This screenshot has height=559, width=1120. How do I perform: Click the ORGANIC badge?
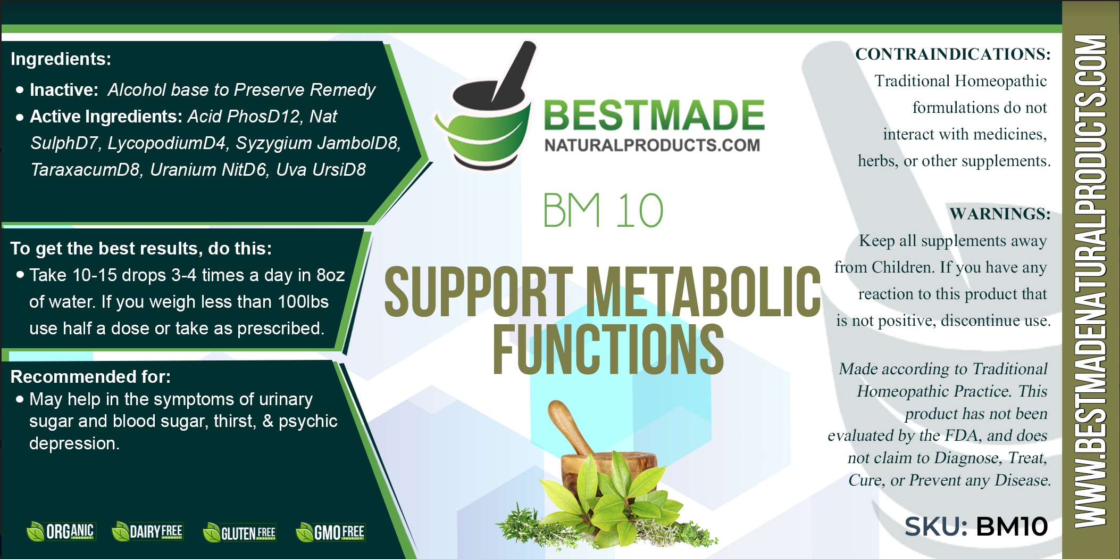pyautogui.click(x=60, y=531)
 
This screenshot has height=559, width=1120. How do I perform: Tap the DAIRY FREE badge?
pyautogui.click(x=147, y=531)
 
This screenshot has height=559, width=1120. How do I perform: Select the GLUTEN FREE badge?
pyautogui.click(x=239, y=532)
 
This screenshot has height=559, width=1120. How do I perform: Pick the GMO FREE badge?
pyautogui.click(x=330, y=532)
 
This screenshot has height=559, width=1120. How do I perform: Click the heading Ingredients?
pyautogui.click(x=61, y=59)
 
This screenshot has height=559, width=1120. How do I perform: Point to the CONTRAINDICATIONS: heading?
pyautogui.click(x=952, y=54)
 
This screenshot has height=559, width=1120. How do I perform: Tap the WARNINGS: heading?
pyautogui.click(x=1000, y=214)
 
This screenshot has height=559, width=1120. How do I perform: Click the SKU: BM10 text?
pyautogui.click(x=976, y=527)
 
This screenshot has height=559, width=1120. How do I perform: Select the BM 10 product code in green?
pyautogui.click(x=603, y=210)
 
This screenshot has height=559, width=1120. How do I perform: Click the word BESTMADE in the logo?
pyautogui.click(x=654, y=116)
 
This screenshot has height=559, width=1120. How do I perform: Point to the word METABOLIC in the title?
pyautogui.click(x=703, y=292)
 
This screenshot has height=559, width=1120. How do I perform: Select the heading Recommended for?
pyautogui.click(x=90, y=377)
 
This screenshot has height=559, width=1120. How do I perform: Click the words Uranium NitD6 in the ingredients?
pyautogui.click(x=208, y=170)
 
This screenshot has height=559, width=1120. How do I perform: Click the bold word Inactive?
pyautogui.click(x=64, y=90)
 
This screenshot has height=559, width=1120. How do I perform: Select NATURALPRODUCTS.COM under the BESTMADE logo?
pyautogui.click(x=652, y=145)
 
